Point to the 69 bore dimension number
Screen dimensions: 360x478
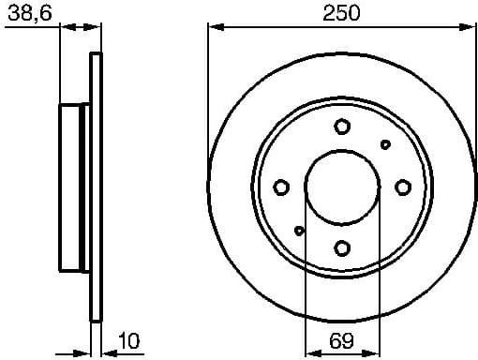click(343, 341)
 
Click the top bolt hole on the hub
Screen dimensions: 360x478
click(342, 127)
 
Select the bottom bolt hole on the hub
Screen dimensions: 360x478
click(342, 247)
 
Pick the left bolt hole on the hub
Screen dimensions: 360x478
click(281, 187)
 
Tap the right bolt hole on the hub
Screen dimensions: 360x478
click(403, 187)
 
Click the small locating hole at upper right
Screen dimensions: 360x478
click(385, 144)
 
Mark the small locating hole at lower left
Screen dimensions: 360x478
click(299, 231)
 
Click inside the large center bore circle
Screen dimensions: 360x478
click(342, 187)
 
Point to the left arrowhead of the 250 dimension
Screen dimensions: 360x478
click(214, 27)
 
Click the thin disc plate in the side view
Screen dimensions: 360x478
click(95, 187)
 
